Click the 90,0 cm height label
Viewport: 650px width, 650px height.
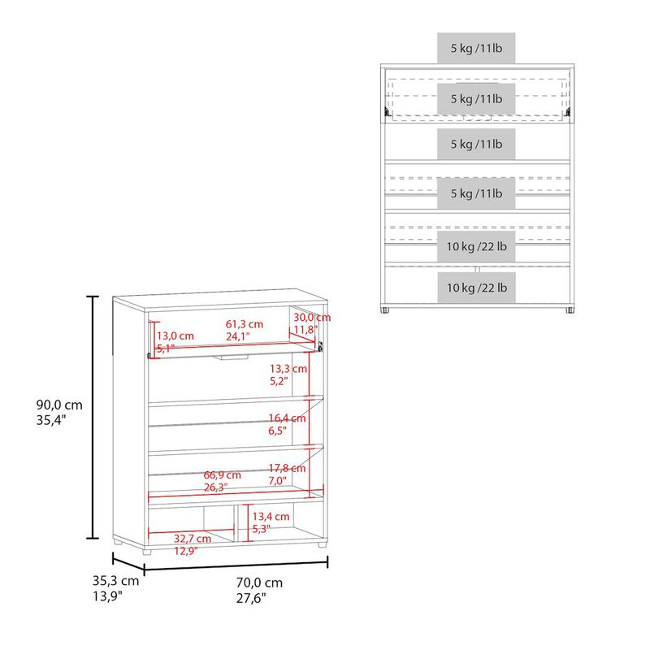pos(58,405)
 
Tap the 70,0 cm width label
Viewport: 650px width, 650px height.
pos(260,583)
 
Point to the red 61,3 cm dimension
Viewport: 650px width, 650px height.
pos(244,324)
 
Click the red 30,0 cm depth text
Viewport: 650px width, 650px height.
pos(312,317)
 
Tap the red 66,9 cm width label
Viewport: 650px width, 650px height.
pos(222,474)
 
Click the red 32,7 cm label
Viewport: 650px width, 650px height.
pos(192,538)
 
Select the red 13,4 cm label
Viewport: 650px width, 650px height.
pos(271,516)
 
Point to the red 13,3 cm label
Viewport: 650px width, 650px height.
pos(288,368)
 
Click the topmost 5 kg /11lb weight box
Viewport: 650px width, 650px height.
pos(476,47)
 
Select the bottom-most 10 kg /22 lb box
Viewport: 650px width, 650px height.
pos(476,288)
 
